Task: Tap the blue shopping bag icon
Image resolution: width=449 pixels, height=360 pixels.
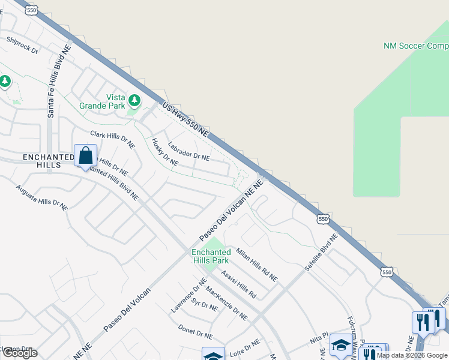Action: pos(86,155)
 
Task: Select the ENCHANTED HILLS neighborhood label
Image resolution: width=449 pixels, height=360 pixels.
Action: pos(41,161)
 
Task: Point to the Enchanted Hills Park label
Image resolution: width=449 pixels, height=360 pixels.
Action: pos(211,256)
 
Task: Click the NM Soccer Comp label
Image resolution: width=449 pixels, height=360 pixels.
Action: pos(415,46)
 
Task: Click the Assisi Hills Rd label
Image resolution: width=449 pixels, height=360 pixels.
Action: pos(238,284)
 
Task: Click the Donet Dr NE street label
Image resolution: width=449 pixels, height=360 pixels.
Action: pos(196,331)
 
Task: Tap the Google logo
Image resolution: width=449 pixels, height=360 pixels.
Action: pos(20,353)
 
